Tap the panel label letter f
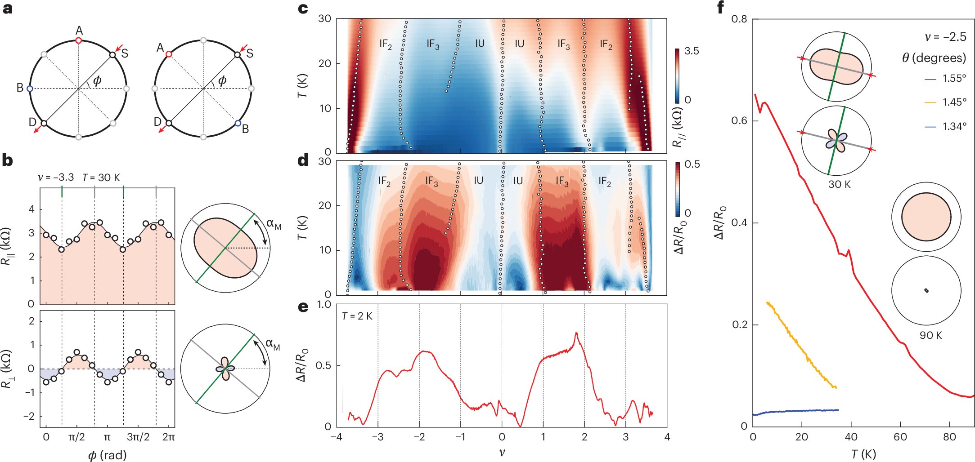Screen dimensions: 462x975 [720, 8]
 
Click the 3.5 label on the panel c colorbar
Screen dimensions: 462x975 [692, 51]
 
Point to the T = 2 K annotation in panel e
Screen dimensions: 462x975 [357, 316]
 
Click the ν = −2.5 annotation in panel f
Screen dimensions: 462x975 [945, 37]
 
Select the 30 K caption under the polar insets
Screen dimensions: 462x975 [839, 184]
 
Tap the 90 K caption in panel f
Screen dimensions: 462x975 [930, 335]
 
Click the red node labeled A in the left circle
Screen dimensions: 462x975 [79, 40]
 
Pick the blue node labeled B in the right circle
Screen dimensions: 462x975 [238, 123]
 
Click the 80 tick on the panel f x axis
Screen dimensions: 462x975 [949, 437]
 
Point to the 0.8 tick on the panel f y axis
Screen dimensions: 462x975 [739, 19]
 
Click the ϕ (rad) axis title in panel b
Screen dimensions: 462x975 [107, 455]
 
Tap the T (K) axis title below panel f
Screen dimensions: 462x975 [863, 454]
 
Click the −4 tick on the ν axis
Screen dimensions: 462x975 [337, 437]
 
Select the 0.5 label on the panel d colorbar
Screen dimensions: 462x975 [692, 164]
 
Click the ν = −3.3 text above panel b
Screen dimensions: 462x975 [56, 178]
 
